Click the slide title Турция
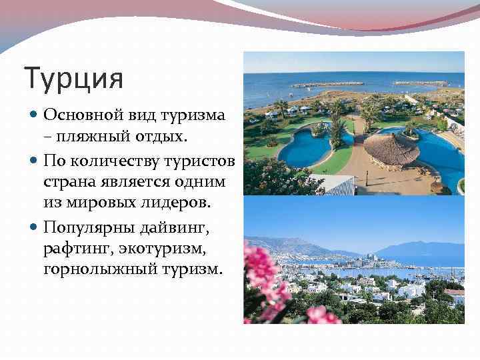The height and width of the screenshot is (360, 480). coord(74,79)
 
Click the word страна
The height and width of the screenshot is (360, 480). coord(69,182)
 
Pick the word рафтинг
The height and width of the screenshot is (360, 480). coord(77,249)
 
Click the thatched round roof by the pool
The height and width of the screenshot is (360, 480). coord(391,149)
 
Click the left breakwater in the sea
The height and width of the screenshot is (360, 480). coord(327,84)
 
